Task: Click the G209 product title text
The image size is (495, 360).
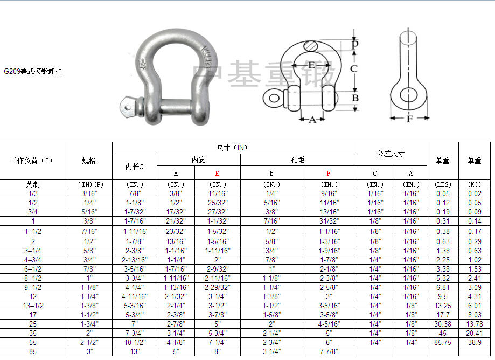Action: pyautogui.click(x=33, y=71)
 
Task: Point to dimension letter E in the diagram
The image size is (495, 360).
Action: pyautogui.click(x=311, y=65)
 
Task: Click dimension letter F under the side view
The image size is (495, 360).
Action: pyautogui.click(x=409, y=119)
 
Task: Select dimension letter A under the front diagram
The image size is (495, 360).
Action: pyautogui.click(x=312, y=120)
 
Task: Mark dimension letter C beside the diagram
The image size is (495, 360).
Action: pyautogui.click(x=354, y=68)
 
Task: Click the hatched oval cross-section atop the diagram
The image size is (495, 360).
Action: pyautogui.click(x=311, y=46)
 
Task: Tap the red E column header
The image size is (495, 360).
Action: pyautogui.click(x=217, y=174)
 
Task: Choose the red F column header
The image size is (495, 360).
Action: pyautogui.click(x=329, y=174)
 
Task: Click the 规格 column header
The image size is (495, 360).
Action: pyautogui.click(x=89, y=161)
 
